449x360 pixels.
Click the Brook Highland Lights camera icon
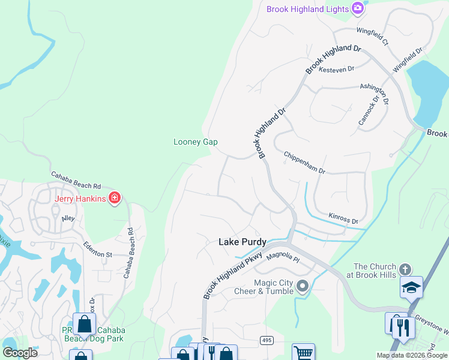[358, 8]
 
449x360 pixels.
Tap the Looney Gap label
[195, 142]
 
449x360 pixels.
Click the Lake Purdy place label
[242, 241]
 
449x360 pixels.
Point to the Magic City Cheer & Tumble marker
[302, 286]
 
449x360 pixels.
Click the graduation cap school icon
[412, 287]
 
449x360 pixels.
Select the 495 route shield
[267, 340]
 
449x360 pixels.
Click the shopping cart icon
[303, 353]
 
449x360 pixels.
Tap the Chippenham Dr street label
[304, 162]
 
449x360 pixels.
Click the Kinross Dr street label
[343, 218]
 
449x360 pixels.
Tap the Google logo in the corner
[20, 352]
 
